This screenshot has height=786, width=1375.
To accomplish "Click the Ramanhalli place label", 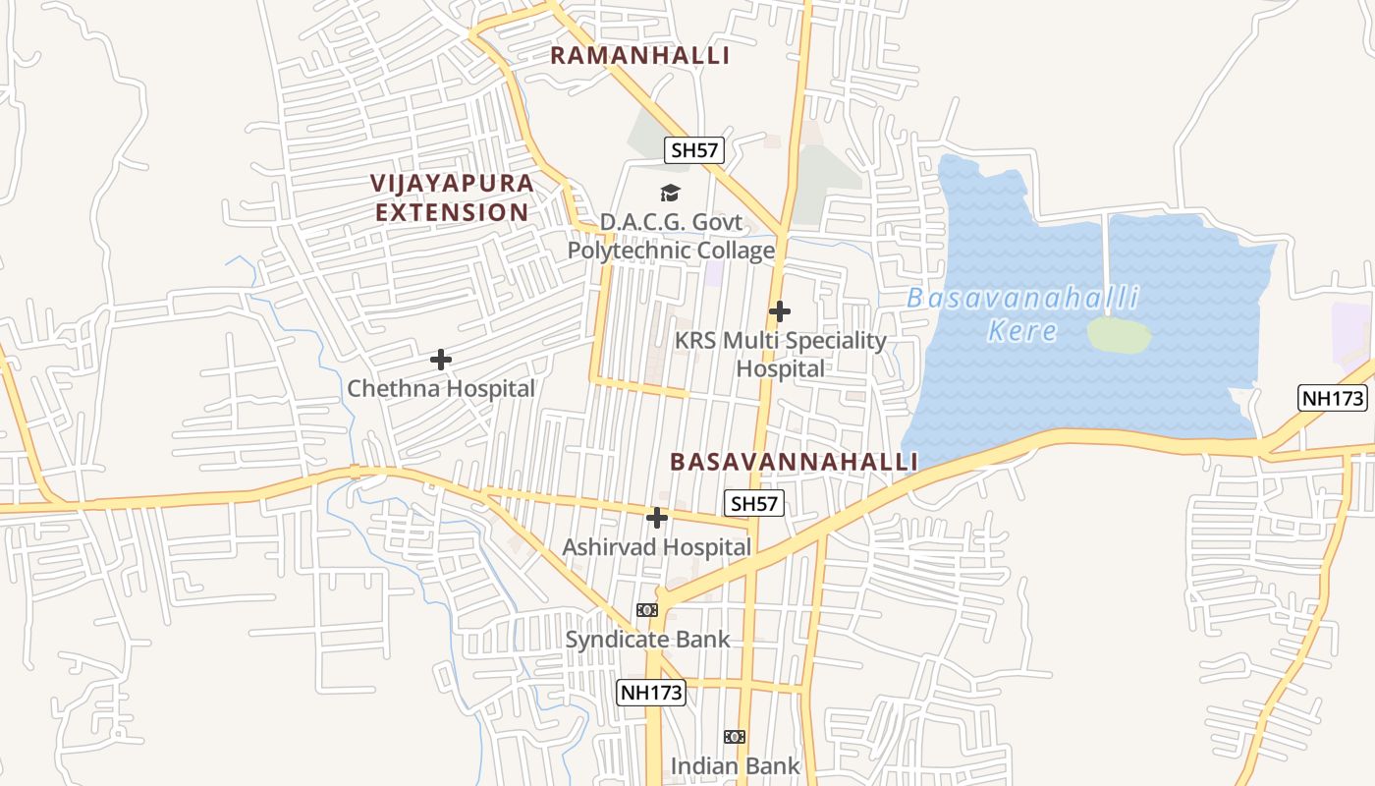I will click(x=639, y=56).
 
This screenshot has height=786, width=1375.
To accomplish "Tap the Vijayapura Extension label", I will click(x=453, y=197).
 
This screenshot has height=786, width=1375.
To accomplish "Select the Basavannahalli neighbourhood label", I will click(x=794, y=462).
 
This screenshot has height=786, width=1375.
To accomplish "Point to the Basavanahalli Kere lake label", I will click(x=1022, y=313).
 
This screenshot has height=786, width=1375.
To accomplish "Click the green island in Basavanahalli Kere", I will click(x=1119, y=335).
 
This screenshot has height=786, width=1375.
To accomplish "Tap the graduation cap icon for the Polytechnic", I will click(x=670, y=194).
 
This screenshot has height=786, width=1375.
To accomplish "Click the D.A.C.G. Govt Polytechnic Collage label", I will click(x=671, y=237).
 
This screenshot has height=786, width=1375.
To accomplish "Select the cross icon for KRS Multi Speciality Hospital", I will click(x=780, y=311).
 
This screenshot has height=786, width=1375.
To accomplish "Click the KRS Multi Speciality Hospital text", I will click(x=781, y=355).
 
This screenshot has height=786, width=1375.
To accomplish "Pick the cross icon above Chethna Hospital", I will click(x=441, y=360).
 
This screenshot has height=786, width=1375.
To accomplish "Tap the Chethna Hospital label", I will click(x=441, y=389).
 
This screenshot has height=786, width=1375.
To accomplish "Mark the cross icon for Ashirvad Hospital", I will click(x=657, y=518).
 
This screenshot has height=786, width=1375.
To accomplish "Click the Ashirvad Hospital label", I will click(x=656, y=547).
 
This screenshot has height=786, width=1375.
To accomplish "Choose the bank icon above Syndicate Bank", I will click(x=647, y=610).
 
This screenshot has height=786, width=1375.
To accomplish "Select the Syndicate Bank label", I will click(x=647, y=640).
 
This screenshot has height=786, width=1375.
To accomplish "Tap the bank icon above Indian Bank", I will click(x=735, y=737).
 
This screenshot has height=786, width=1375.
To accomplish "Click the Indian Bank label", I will click(x=735, y=765).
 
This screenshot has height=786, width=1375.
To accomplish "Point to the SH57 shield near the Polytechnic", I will click(x=694, y=150).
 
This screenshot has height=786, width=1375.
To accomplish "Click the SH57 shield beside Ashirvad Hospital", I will click(x=754, y=504).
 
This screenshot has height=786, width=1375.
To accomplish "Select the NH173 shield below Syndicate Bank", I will click(x=650, y=693).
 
